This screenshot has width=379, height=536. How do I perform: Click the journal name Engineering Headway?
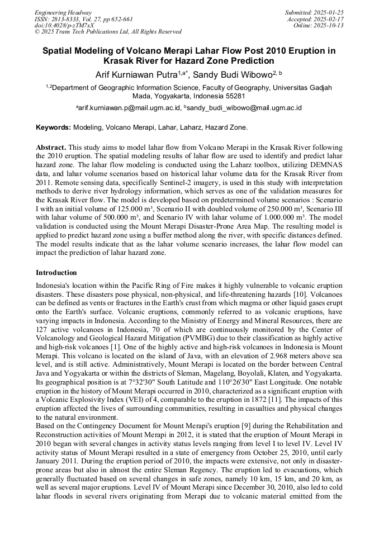63,12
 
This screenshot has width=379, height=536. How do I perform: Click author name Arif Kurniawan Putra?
136,75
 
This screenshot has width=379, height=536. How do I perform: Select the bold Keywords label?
54,128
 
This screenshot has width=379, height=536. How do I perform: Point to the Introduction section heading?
56,273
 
